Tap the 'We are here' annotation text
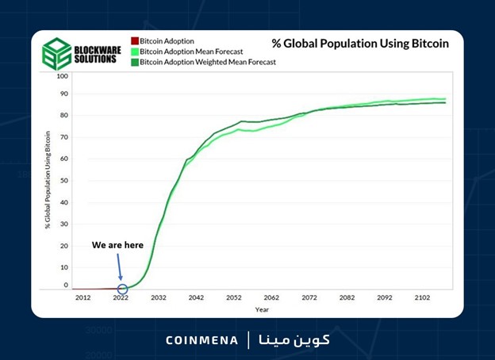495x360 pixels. point(117,245)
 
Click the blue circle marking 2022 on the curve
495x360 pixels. point(122,289)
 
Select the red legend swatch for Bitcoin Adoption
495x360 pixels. point(135,40)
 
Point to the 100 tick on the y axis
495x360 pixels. point(63,76)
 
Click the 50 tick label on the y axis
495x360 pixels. point(64,181)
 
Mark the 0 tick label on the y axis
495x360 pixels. point(66,285)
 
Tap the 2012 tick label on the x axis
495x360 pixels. point(82,297)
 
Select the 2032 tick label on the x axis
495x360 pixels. point(158,297)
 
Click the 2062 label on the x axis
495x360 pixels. point(271,297)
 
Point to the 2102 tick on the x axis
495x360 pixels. point(423,297)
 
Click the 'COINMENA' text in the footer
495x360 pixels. point(202,340)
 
